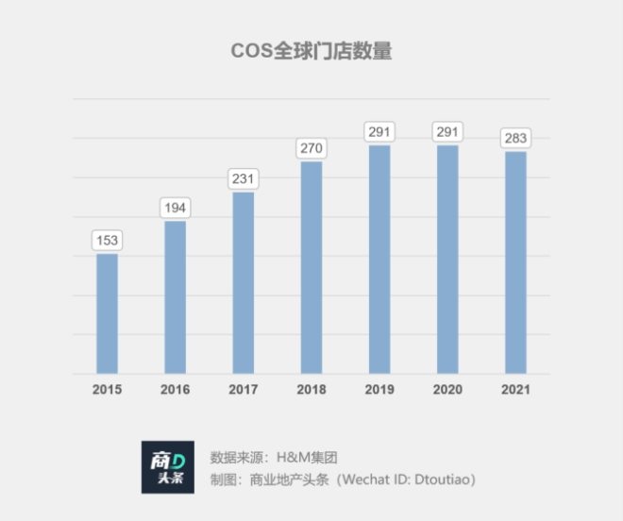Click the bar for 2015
pos(108,313)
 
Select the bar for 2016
pos(176,297)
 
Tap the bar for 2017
pos(244,283)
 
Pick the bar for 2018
pos(311,267)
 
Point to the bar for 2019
pos(379,259)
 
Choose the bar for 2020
pos(447,259)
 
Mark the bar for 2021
pos(515,262)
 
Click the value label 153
pos(108,240)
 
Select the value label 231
pos(244,178)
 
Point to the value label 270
pos(311,148)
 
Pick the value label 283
pos(515,138)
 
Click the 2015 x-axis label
pos(108,390)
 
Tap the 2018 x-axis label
pos(311,390)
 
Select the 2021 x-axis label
pos(515,390)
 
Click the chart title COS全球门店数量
pos(311,51)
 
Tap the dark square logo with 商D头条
pos(168,467)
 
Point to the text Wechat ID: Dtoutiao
pos(400,479)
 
